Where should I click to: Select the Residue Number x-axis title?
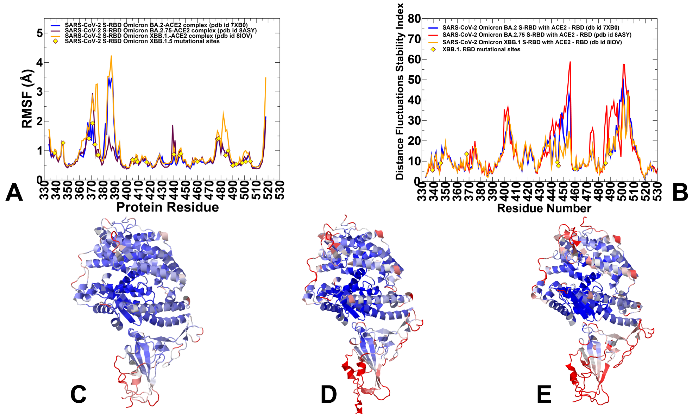[x=544, y=208]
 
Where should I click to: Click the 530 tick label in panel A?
[x=280, y=190]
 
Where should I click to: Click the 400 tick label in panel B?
[x=504, y=191]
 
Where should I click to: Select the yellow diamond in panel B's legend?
[x=433, y=49]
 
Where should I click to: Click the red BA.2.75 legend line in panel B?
[x=433, y=35]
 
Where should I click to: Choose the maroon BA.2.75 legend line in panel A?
[x=56, y=31]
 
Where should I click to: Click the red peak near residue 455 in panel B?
[x=570, y=62]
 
